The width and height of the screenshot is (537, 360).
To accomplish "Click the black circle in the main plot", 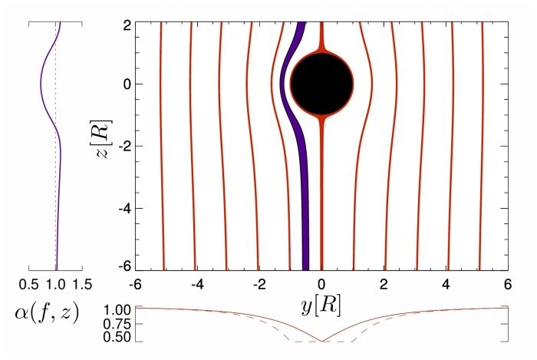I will click(321, 84).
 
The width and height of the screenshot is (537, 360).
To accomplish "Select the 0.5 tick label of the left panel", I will click(28, 284).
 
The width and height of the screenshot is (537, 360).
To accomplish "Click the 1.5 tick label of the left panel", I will click(83, 284).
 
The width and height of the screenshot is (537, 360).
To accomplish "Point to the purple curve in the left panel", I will click(44, 84).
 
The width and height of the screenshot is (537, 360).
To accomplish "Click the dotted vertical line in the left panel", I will click(56, 192).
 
